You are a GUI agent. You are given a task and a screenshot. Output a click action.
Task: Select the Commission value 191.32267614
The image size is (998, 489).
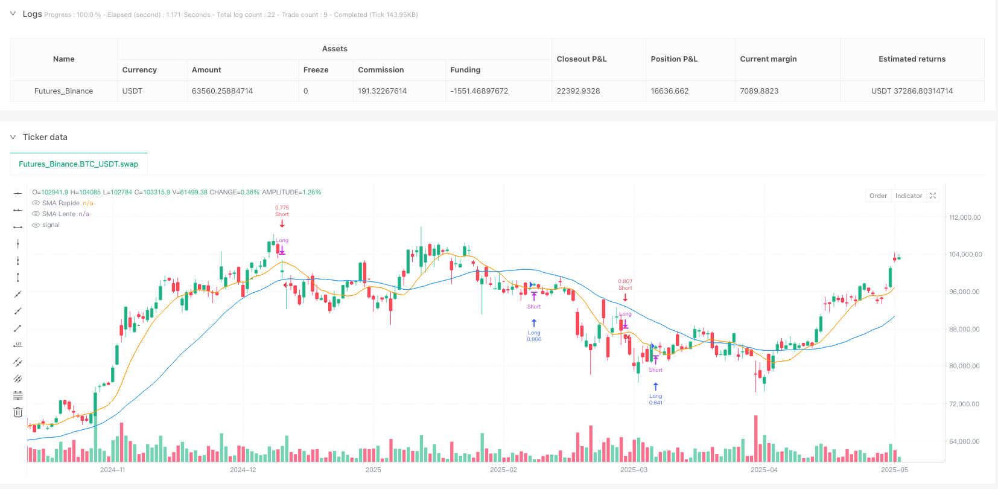382,91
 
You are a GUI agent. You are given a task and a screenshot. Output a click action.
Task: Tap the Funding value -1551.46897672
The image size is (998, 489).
479,91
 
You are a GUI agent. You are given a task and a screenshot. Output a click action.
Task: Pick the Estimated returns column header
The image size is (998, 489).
912,59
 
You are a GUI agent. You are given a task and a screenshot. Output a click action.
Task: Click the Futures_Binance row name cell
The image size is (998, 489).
63,91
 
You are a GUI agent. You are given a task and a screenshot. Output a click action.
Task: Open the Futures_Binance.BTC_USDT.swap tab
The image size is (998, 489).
78,164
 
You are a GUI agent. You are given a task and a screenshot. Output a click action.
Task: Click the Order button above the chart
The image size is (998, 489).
878,196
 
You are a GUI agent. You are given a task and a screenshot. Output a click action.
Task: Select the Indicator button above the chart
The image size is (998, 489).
909,196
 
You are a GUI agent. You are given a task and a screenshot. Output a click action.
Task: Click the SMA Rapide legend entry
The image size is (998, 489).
61,203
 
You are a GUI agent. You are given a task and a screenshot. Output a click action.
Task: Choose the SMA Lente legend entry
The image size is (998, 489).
59,214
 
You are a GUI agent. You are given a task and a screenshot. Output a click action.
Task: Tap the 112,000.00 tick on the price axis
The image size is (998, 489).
965,217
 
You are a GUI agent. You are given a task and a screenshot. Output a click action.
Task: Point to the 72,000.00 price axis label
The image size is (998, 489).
965,404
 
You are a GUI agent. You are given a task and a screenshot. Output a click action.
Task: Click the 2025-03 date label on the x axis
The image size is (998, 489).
634,470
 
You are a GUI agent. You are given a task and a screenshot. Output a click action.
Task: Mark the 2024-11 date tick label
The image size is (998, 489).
113,470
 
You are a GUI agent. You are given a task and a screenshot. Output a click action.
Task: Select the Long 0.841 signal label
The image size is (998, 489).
655,399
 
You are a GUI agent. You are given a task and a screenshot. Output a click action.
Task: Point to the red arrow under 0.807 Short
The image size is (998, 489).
625,297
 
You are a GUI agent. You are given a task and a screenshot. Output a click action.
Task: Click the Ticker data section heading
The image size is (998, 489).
45,137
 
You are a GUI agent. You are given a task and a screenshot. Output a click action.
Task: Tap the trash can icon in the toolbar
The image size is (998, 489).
18,412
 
